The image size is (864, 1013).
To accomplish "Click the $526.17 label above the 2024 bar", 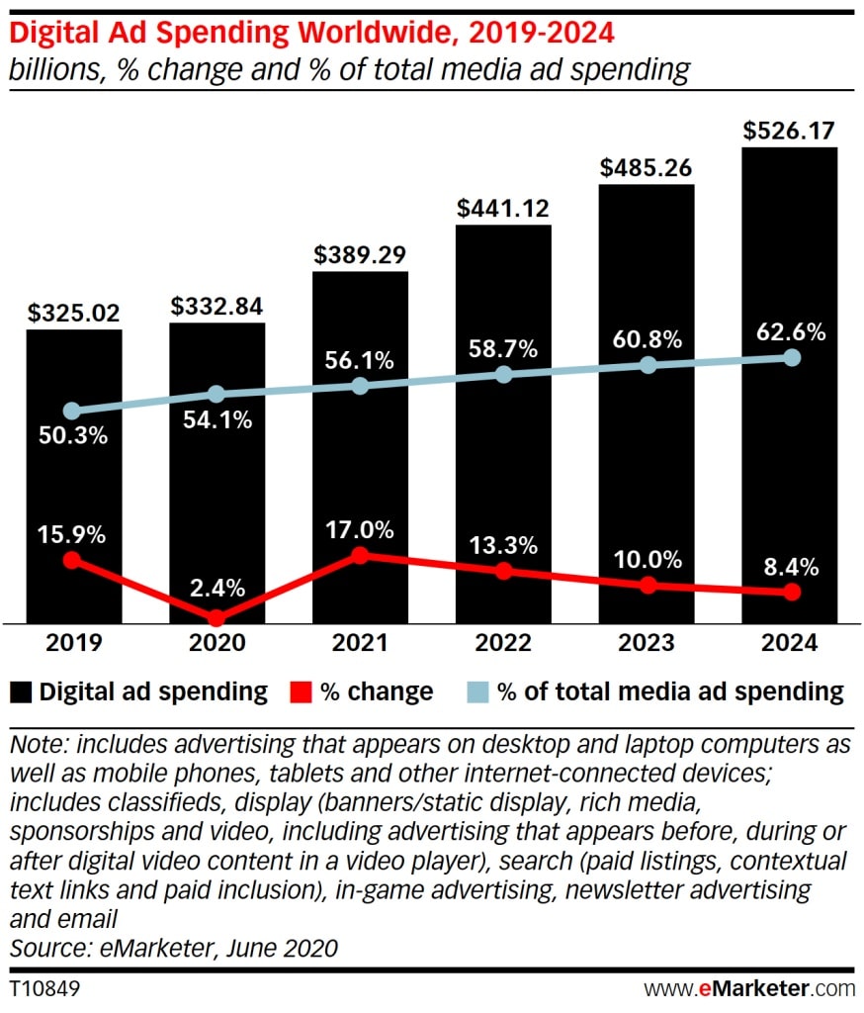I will (790, 130).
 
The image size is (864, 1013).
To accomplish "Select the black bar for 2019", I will (74, 475).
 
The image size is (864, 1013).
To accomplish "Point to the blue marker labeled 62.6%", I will (791, 358).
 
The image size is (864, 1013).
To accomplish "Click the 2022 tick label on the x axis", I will (503, 644).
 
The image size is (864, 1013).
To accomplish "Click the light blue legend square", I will (477, 691).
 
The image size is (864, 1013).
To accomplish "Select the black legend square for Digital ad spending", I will (20, 691).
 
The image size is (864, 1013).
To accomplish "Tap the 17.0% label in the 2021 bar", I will (360, 530).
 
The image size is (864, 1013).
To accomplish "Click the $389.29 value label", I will (361, 254).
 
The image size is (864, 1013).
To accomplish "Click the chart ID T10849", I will (45, 988).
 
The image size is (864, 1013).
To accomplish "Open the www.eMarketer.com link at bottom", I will (749, 988).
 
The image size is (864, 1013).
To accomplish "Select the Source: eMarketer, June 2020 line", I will (174, 948).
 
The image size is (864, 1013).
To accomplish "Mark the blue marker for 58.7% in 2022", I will (504, 375).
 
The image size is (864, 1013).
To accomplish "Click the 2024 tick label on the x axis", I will (790, 644).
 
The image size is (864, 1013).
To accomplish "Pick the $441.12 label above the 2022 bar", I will (503, 208).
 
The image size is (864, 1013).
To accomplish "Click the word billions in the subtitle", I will (47, 69).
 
